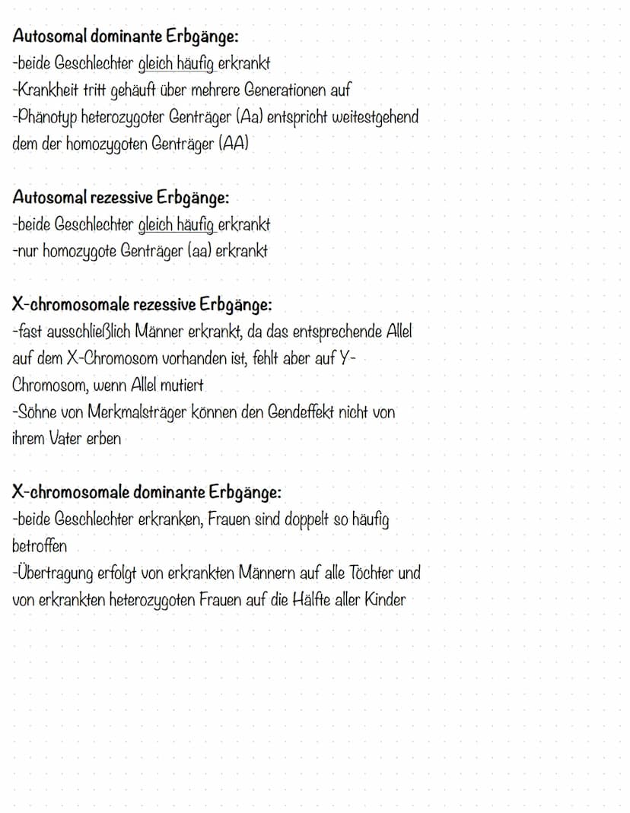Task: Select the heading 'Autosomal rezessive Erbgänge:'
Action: (x=120, y=198)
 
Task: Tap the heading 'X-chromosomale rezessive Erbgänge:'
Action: (x=142, y=306)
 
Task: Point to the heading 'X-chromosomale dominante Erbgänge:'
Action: (x=147, y=492)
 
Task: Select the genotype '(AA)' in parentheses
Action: (x=234, y=144)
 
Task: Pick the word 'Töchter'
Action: (x=370, y=573)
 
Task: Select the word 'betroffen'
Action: (x=40, y=546)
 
